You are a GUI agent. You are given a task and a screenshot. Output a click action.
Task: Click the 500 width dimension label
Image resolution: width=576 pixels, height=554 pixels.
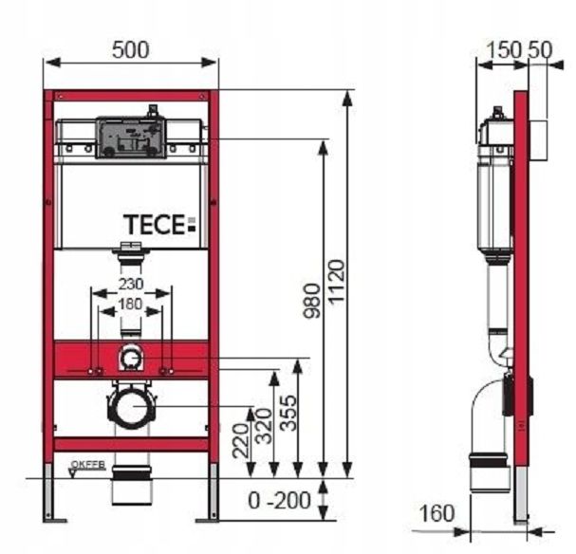pyautogui.click(x=131, y=50)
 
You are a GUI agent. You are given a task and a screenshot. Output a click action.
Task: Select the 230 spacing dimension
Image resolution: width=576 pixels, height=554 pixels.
pyautogui.click(x=131, y=284)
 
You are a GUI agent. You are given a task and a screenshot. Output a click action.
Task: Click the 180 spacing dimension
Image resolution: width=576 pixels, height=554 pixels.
pyautogui.click(x=131, y=305)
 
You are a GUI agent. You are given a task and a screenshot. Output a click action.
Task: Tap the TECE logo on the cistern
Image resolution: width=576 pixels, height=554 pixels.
pyautogui.click(x=158, y=225)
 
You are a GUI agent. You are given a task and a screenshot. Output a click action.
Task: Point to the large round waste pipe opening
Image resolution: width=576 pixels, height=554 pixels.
pyautogui.click(x=130, y=408)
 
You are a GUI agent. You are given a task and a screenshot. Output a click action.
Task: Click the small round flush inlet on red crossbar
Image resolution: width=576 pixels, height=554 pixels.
pyautogui.click(x=131, y=360)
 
